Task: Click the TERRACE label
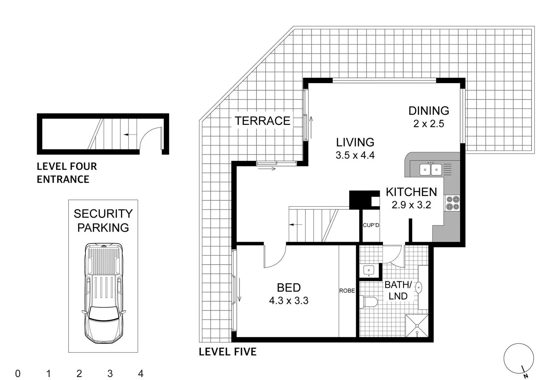pyautogui.click(x=262, y=121)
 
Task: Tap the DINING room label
pyautogui.click(x=428, y=111)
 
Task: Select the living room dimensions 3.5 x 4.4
pyautogui.click(x=355, y=155)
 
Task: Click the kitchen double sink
pyautogui.click(x=431, y=170)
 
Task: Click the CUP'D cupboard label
pyautogui.click(x=371, y=225)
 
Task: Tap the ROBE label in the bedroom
pyautogui.click(x=347, y=291)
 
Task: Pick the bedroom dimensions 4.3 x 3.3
pyautogui.click(x=288, y=301)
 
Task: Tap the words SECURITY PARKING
pyautogui.click(x=103, y=221)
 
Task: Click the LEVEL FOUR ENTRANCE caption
pyautogui.click(x=67, y=173)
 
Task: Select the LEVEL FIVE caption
pyautogui.click(x=228, y=351)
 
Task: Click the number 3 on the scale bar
pyautogui.click(x=110, y=374)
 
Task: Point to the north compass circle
pyautogui.click(x=518, y=358)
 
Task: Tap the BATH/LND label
pyautogui.click(x=398, y=290)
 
